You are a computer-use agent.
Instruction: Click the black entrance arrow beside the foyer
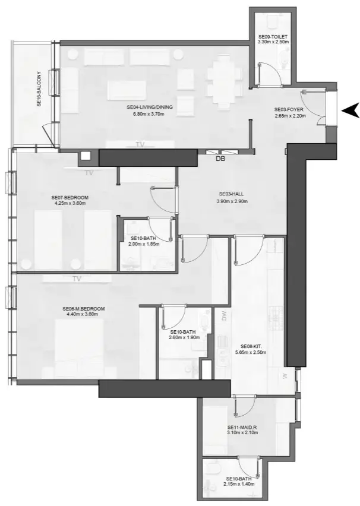(x=350, y=109)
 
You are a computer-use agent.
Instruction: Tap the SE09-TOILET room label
(x=272, y=36)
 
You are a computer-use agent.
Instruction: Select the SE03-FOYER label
(x=289, y=110)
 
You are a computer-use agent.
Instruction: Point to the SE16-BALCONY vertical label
(x=39, y=89)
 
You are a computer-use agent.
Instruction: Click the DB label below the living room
(x=220, y=159)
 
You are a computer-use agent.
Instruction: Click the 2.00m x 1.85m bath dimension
(x=145, y=243)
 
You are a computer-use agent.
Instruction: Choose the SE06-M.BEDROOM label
(x=84, y=309)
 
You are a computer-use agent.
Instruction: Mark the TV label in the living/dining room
(x=140, y=144)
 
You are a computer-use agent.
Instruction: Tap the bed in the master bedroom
(x=80, y=344)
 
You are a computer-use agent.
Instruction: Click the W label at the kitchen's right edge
(x=285, y=375)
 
